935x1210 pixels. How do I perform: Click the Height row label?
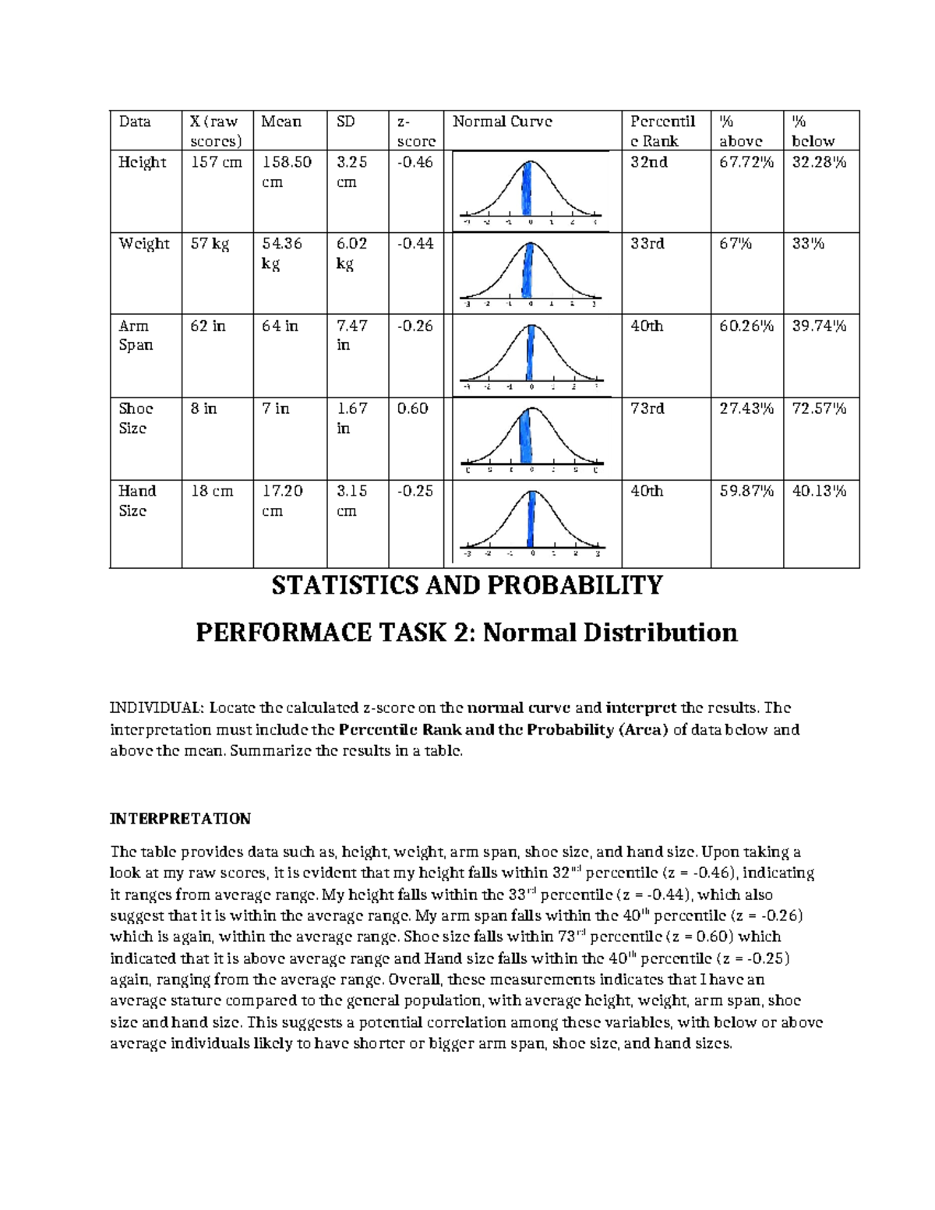[142, 162]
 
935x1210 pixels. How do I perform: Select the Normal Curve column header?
[502, 122]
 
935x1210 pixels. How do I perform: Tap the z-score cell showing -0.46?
[415, 162]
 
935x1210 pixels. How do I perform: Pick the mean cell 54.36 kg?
[281, 253]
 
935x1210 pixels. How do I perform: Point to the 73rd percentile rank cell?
[647, 408]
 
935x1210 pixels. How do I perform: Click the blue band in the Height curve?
[528, 189]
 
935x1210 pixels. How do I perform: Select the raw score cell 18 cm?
[212, 491]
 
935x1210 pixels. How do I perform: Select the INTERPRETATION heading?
[180, 819]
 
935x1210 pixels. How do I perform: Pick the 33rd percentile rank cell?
[647, 244]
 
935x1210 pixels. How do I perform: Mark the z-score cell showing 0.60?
[412, 408]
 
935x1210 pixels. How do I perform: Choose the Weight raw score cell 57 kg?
[210, 244]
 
